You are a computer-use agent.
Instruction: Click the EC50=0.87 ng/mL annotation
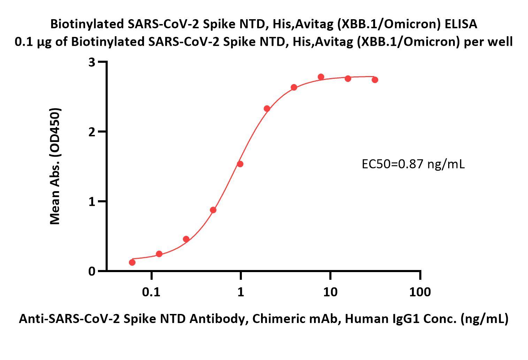[x=413, y=164]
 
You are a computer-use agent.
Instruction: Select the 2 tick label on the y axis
[x=92, y=132]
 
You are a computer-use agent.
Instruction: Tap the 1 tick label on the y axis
[x=92, y=202]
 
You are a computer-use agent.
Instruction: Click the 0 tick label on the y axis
[x=92, y=271]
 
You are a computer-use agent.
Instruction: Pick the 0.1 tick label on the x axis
[x=151, y=292]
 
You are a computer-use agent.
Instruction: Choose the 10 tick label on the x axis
[x=330, y=292]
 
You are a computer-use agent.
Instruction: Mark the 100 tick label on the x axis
[x=420, y=292]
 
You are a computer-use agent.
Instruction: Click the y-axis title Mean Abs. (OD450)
[x=55, y=166]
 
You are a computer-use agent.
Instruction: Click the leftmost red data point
[x=132, y=262]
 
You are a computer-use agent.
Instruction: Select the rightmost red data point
[x=375, y=80]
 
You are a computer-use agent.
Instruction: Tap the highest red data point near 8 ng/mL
[x=321, y=77]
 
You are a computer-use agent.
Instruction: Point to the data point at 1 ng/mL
[x=240, y=164]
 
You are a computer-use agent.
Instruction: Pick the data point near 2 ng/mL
[x=267, y=108]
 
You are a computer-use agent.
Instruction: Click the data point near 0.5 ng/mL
[x=213, y=210]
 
